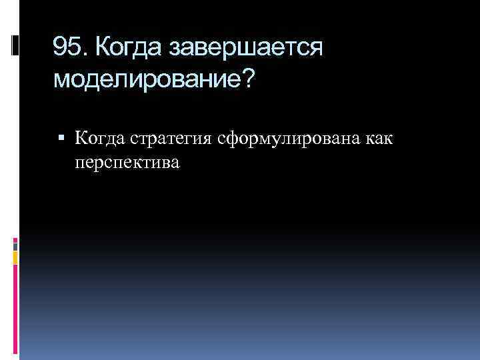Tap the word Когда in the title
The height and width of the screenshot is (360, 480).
[x=129, y=47]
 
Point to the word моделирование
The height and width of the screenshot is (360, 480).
[x=144, y=80]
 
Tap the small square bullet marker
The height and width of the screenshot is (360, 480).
[x=61, y=139]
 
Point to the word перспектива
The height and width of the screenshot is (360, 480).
[x=127, y=162]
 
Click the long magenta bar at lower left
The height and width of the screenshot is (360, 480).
[x=16, y=310]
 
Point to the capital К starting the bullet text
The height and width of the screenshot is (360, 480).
[x=81, y=138]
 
